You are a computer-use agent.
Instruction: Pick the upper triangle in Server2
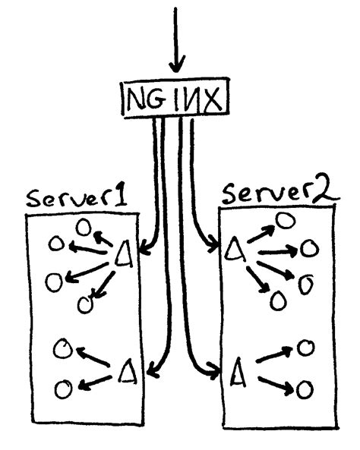click(x=235, y=248)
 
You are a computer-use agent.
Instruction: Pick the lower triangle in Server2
click(x=236, y=371)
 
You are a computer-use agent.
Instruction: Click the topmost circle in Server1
click(x=84, y=227)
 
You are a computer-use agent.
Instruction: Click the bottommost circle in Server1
click(x=64, y=390)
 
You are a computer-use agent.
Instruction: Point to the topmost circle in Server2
click(x=285, y=220)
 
